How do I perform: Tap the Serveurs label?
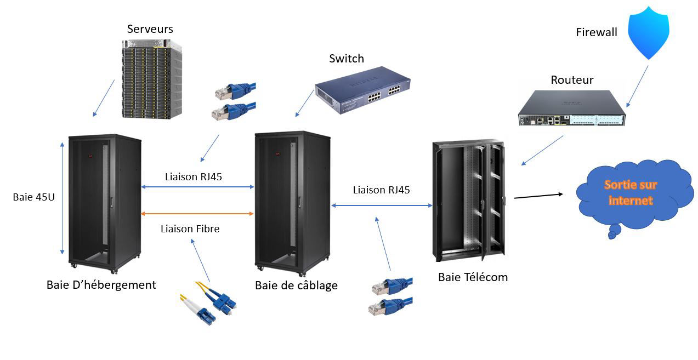(150, 29)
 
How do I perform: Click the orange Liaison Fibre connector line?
(197, 213)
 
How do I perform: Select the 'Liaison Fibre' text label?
(190, 229)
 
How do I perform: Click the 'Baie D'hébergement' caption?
(101, 285)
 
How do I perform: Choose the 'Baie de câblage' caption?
(296, 285)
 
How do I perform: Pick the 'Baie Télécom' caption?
(473, 277)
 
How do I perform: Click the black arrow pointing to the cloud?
(538, 196)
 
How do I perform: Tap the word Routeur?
(572, 81)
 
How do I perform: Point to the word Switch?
(346, 59)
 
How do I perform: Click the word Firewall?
(596, 32)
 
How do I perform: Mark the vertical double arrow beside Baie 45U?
(62, 198)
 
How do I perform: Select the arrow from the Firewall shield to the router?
(637, 86)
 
